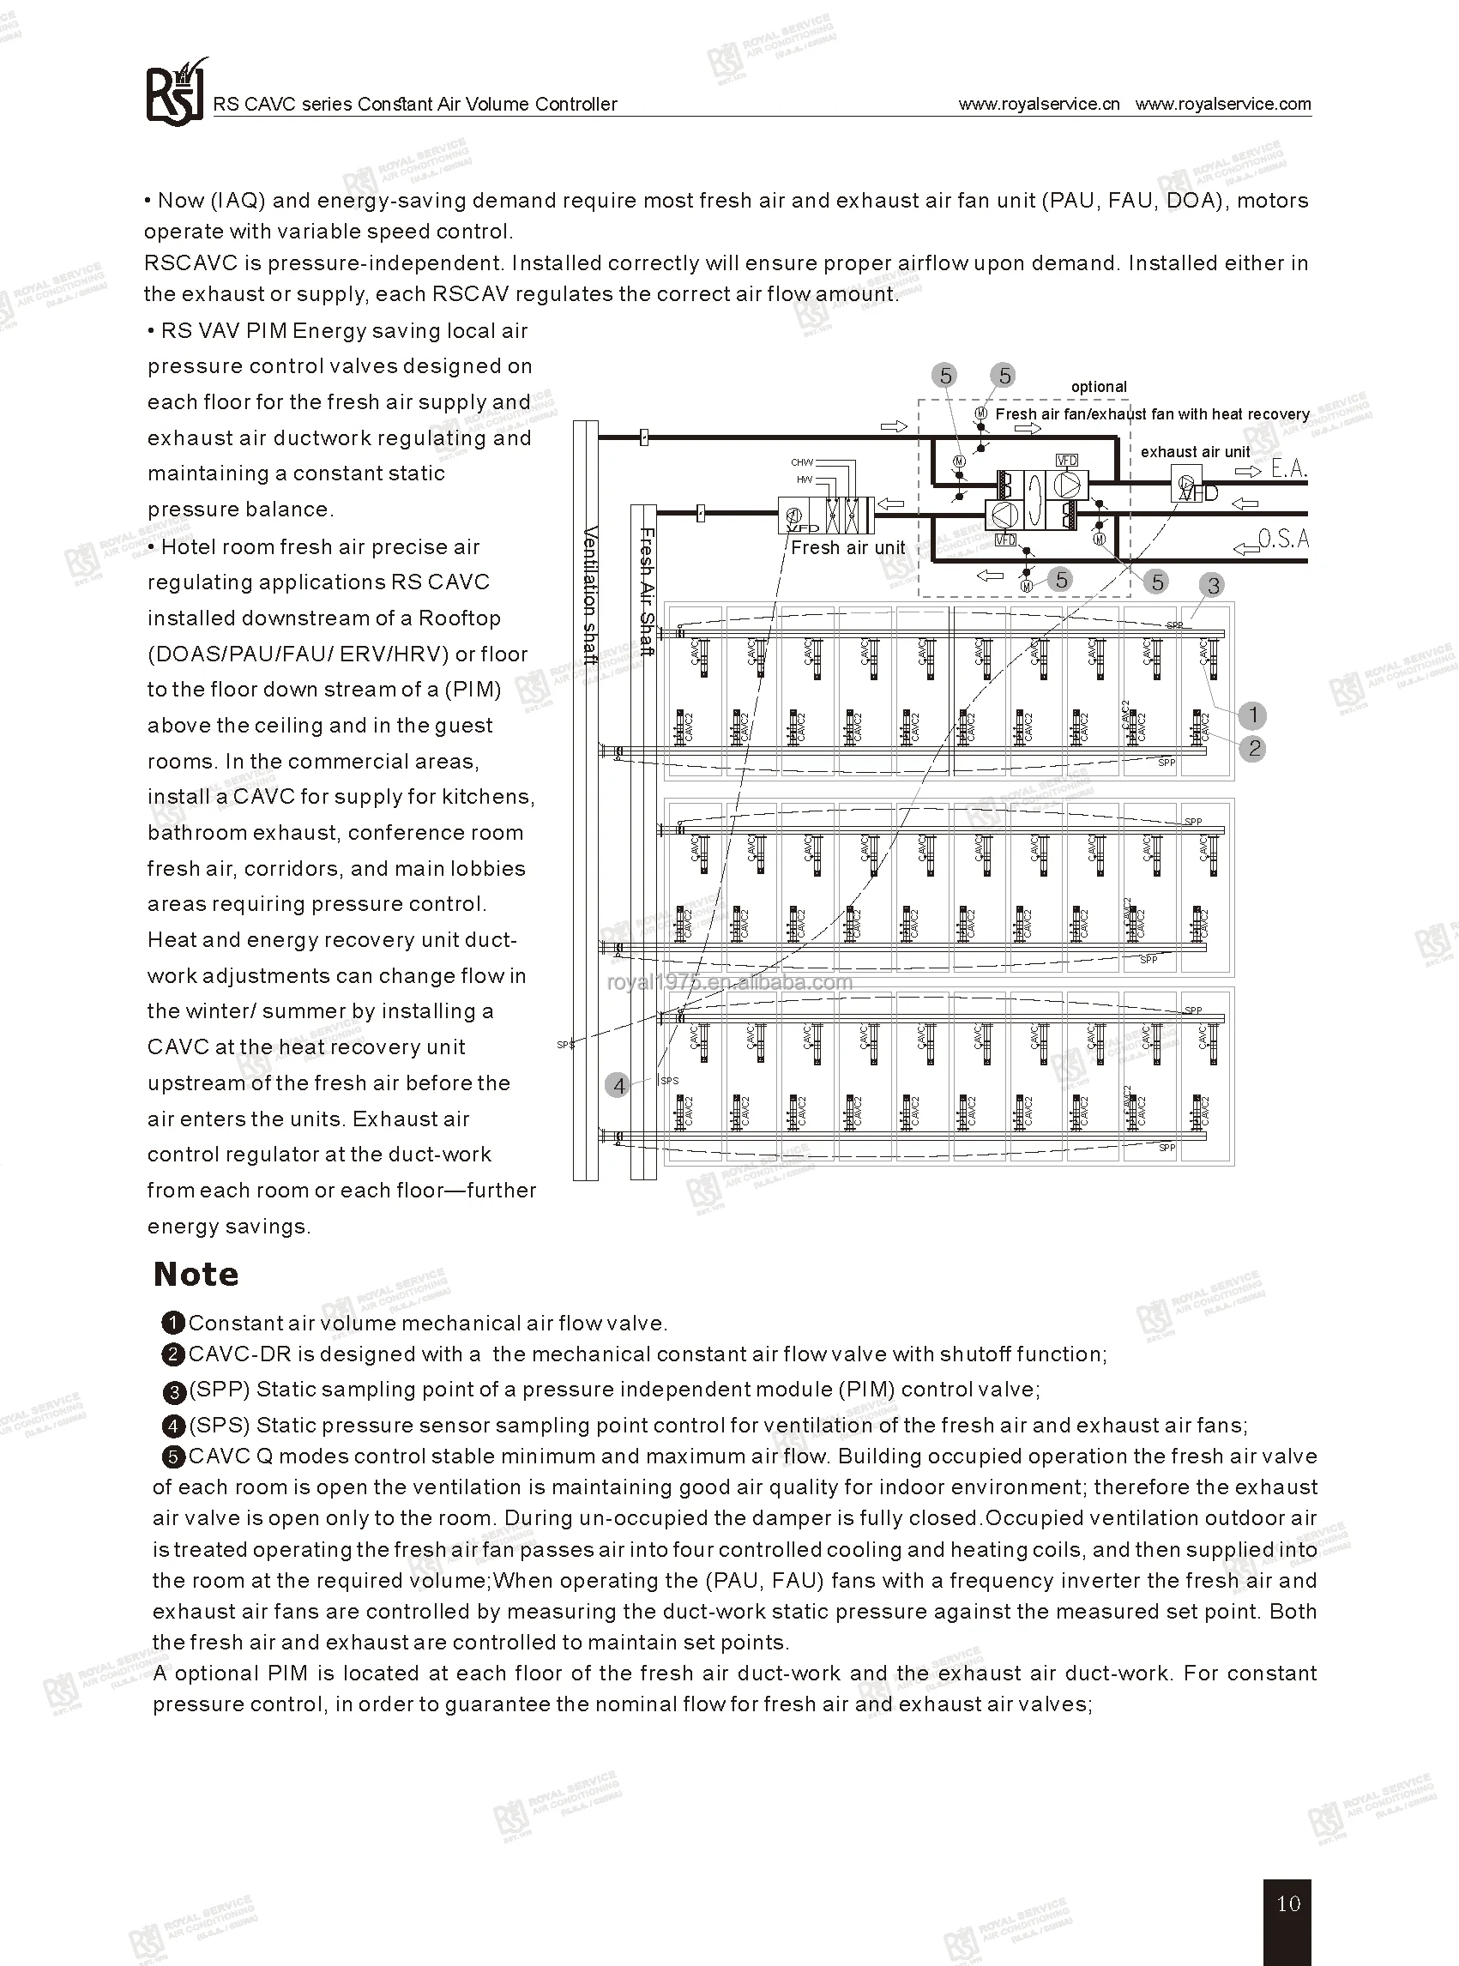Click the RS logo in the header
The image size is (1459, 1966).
point(174,93)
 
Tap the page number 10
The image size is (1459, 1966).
point(1288,1903)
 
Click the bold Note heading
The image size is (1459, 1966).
point(196,1274)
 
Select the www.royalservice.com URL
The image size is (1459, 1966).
point(1223,104)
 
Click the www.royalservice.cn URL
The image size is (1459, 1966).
point(1039,104)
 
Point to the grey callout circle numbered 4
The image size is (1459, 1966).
point(618,1085)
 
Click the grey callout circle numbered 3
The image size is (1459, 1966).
point(1213,586)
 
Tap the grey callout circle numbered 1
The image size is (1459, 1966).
point(1251,715)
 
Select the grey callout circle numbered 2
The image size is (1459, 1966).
point(1254,749)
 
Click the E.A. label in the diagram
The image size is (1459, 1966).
point(1288,469)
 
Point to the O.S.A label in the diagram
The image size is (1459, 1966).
point(1282,539)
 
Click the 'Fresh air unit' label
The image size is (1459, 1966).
point(847,547)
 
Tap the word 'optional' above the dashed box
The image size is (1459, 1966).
point(1099,387)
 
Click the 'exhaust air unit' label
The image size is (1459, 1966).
point(1195,452)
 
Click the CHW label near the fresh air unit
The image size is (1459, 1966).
point(801,462)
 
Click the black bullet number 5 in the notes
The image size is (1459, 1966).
point(174,1456)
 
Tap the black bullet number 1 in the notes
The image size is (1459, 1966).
point(173,1323)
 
